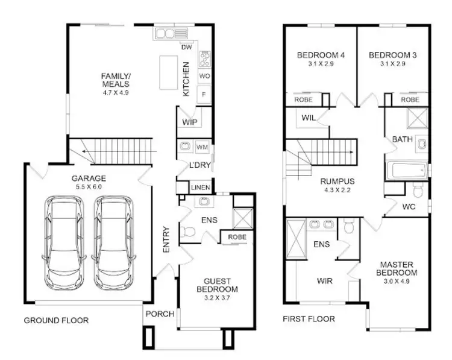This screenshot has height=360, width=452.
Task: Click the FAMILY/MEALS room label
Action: [115, 80]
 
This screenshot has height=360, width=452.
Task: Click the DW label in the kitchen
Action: [186, 47]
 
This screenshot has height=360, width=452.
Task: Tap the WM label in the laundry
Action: [202, 147]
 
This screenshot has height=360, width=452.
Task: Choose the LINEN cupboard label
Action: [200, 188]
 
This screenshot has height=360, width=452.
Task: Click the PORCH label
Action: [160, 314]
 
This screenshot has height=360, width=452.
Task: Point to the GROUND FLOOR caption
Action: [56, 321]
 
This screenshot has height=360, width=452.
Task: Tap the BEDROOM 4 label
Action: [321, 55]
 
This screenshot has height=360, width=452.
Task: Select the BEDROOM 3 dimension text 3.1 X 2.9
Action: [392, 63]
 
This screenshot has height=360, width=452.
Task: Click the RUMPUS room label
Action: [337, 181]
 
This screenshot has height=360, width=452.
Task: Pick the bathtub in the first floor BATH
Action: [408, 171]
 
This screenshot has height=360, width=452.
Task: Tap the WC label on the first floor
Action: [408, 207]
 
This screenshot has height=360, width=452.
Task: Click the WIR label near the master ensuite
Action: [325, 281]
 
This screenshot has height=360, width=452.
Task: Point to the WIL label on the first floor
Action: [309, 118]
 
